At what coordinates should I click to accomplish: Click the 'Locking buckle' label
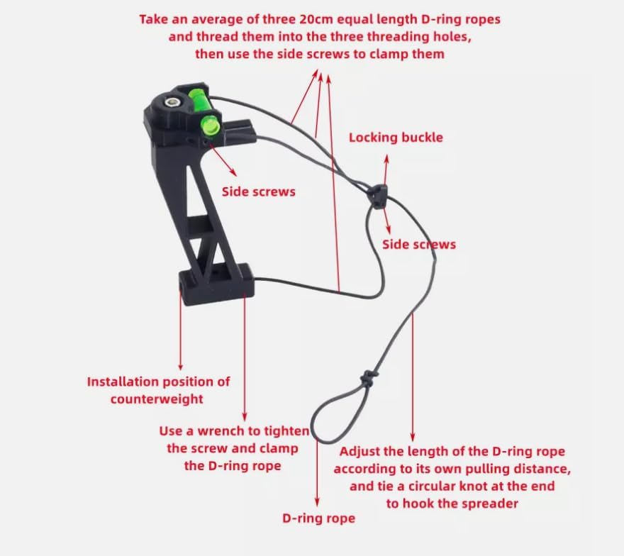396,138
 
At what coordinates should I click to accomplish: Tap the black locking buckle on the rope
378,192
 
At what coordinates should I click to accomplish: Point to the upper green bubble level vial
199,96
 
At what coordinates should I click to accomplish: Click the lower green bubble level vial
210,125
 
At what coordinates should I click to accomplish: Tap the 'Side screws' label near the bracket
258,191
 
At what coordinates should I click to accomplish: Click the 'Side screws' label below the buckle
419,245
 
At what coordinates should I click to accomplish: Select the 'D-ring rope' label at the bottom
318,519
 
